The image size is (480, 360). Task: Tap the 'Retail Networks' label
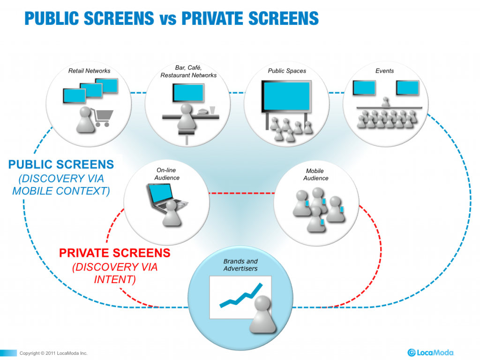[x=90, y=71]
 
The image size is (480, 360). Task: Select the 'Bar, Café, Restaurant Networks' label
[x=188, y=72]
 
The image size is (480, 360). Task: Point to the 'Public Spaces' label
[x=287, y=71]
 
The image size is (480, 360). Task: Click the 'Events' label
[x=384, y=71]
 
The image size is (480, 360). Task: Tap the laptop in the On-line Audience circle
[x=162, y=196]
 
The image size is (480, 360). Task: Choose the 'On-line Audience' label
[x=167, y=174]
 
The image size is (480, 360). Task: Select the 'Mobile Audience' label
[x=315, y=174]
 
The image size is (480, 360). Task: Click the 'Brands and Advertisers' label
[x=240, y=265]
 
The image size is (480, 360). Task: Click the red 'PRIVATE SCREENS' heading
[x=115, y=254]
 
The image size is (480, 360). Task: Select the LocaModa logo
[x=430, y=352]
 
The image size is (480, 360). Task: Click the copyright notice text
[x=53, y=353]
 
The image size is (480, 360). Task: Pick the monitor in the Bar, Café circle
[x=188, y=93]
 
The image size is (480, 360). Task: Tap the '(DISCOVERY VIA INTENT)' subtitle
[x=115, y=273]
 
